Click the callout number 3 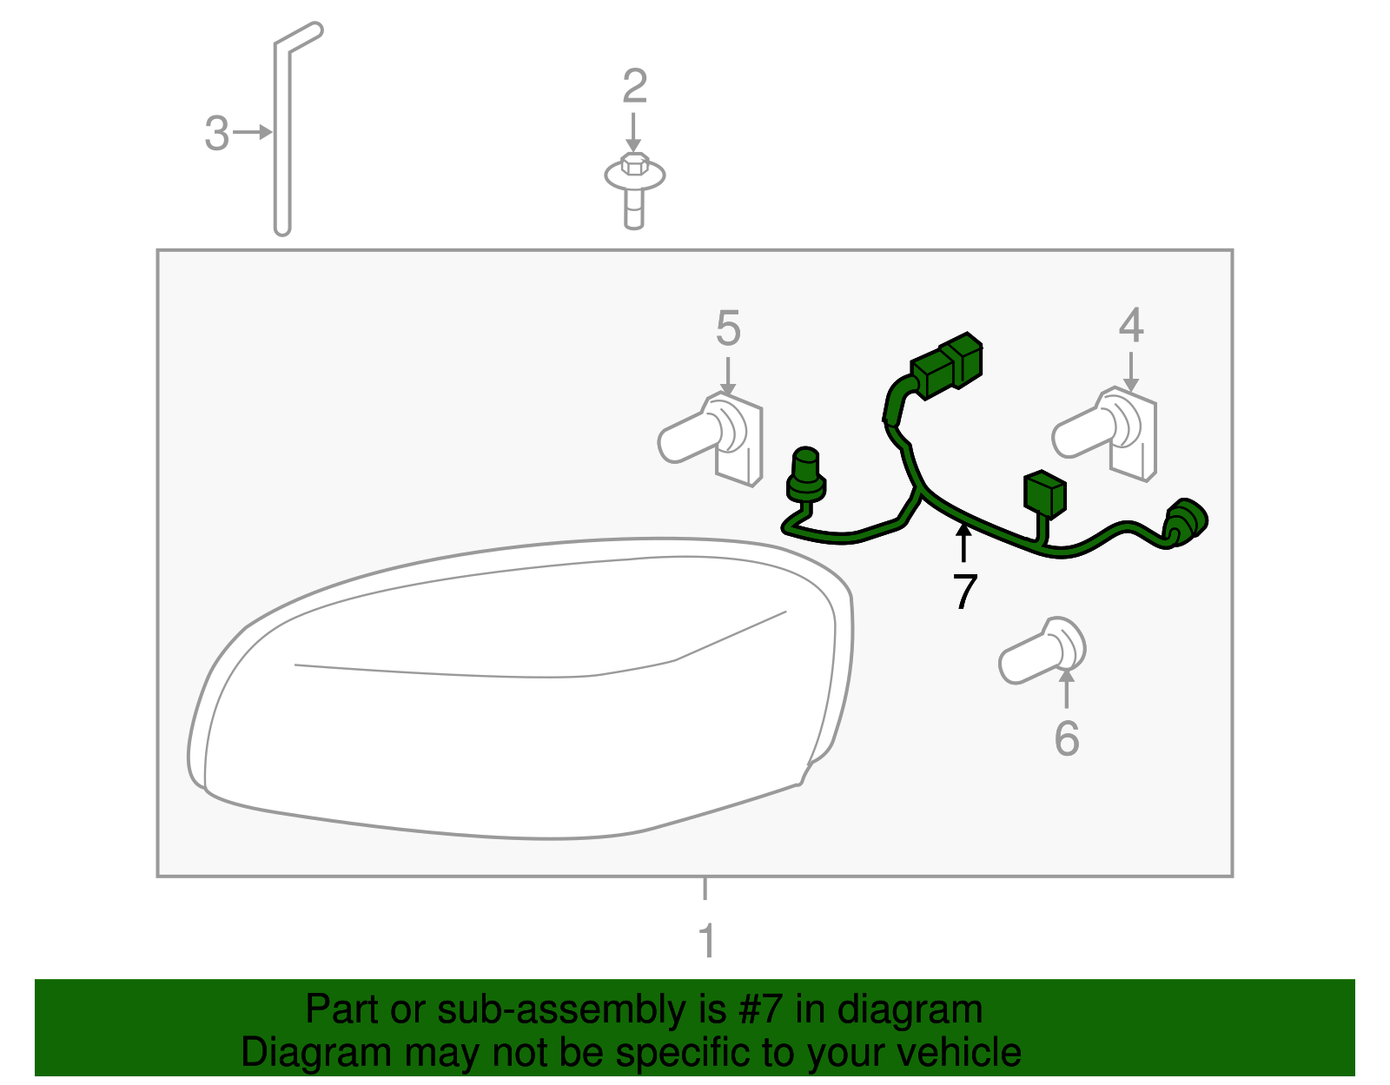(217, 133)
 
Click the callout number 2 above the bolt (634, 86)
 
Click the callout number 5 (728, 328)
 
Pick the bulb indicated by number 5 (711, 439)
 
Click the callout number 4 (1131, 325)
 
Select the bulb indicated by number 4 (1105, 433)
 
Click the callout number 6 (1066, 739)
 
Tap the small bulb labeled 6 (1042, 651)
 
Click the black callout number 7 (964, 592)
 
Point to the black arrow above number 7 (963, 542)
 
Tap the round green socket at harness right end (1186, 522)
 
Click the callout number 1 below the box (706, 940)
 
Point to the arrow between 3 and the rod (253, 132)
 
